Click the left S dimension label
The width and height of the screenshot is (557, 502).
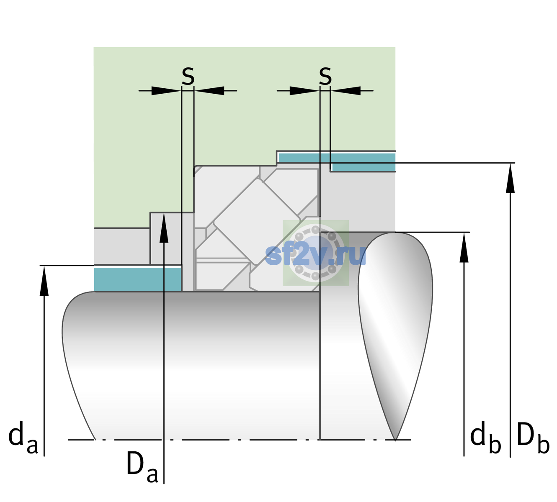188,76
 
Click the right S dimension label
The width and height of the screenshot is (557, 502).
325,76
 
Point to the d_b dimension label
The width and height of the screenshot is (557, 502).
485,438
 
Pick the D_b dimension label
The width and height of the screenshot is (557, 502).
533,438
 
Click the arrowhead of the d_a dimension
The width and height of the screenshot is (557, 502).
44,280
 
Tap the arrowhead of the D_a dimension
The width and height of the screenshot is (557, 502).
164,228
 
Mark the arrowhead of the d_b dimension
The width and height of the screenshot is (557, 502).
464,247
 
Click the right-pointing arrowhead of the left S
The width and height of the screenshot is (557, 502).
166,91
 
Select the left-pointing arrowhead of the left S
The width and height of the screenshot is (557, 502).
209,91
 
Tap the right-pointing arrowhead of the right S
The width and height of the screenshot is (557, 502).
304,91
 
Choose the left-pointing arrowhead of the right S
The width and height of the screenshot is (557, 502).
346,91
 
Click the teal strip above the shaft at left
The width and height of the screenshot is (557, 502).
138,279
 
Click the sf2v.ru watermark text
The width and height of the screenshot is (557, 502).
315,256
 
